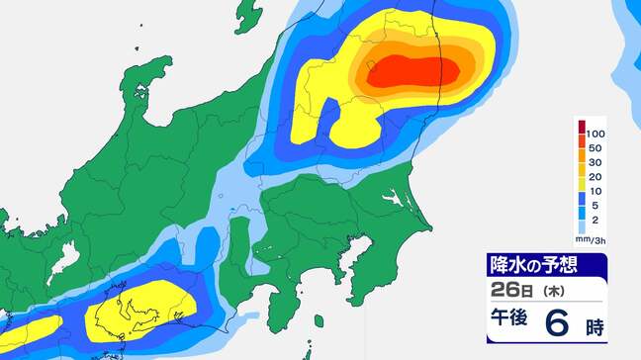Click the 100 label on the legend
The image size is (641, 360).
coord(598,133)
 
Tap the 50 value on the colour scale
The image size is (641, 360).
coord(596,149)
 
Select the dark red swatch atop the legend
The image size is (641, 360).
coord(581,127)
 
